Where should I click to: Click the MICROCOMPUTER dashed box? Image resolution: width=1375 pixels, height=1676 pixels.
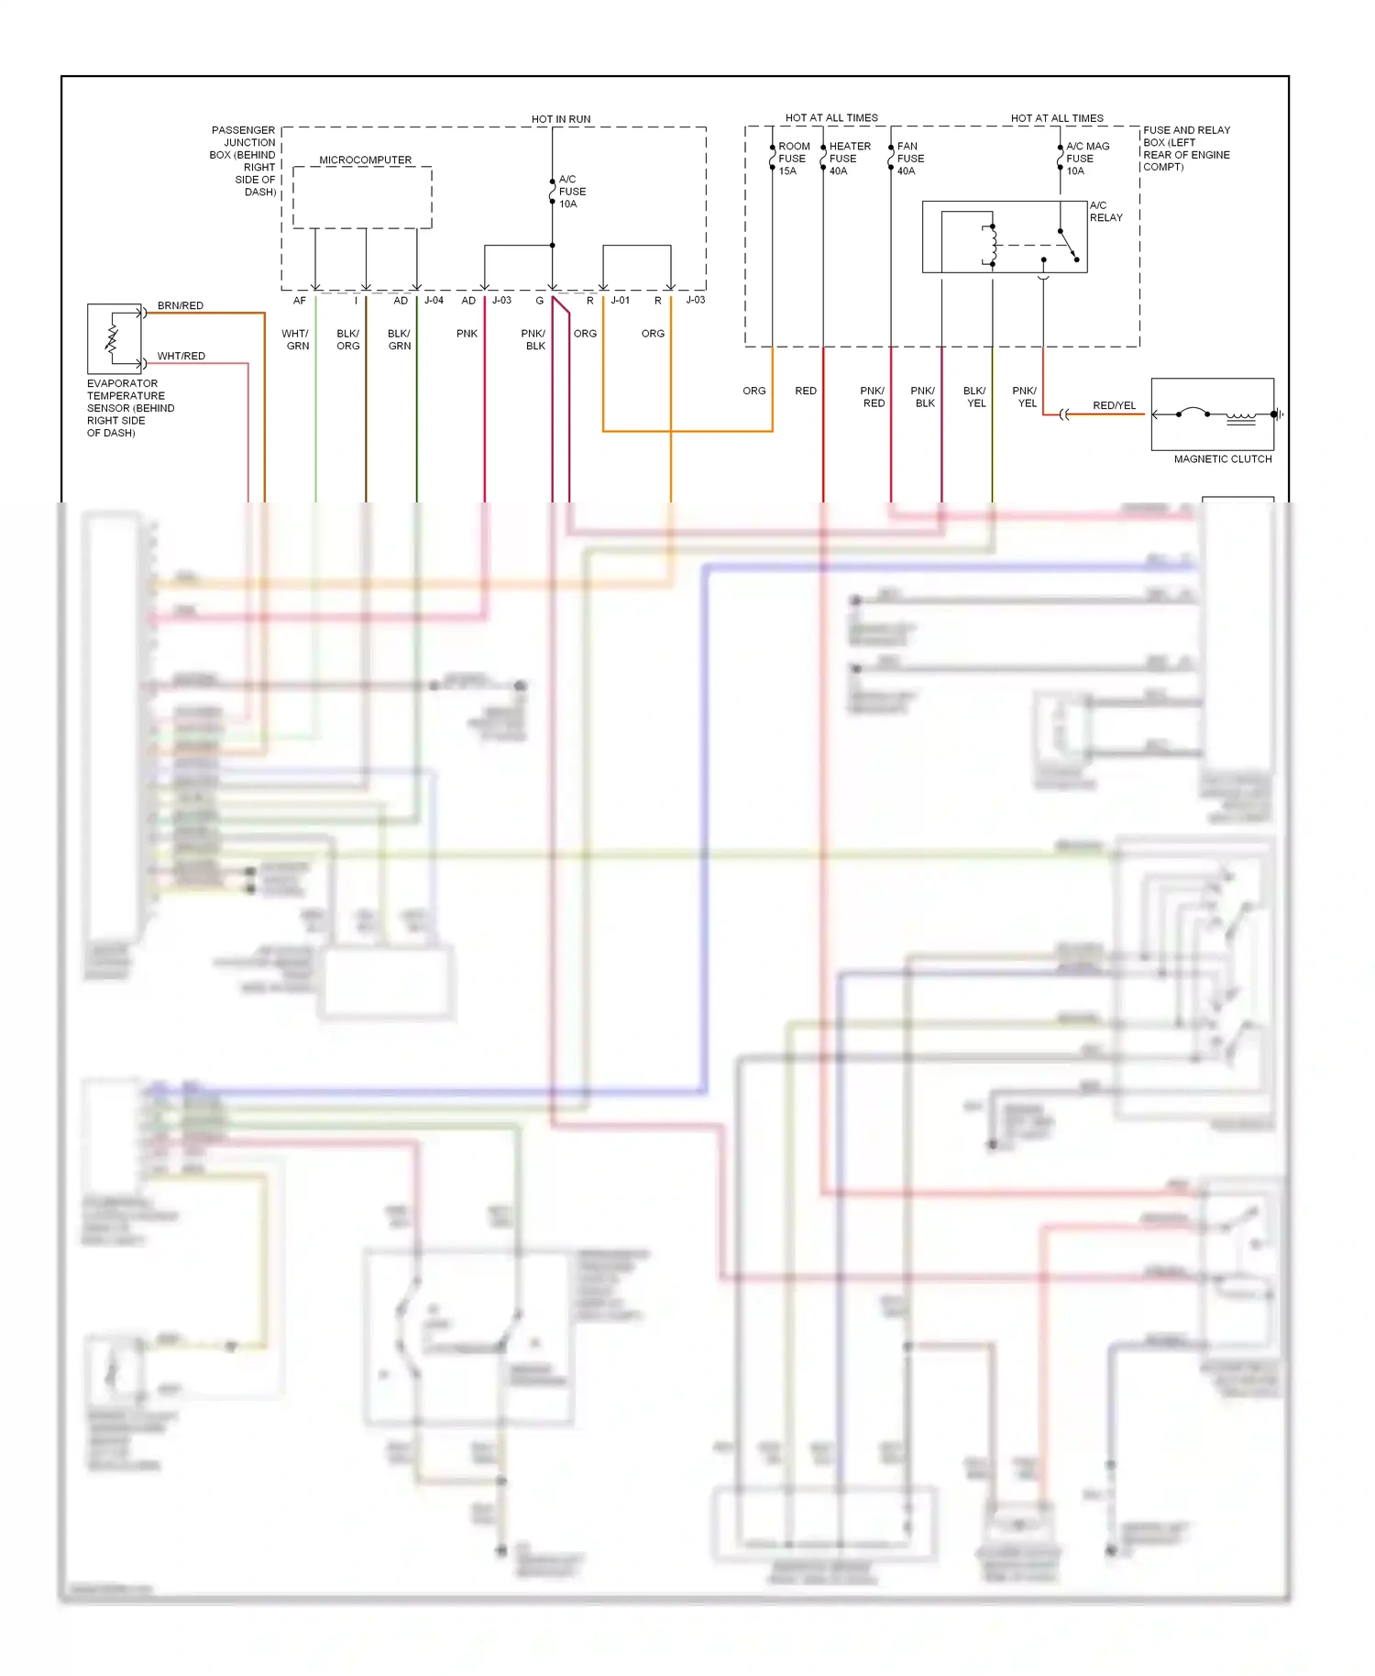click(x=362, y=197)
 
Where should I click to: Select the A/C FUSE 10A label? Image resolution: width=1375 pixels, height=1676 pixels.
click(x=572, y=192)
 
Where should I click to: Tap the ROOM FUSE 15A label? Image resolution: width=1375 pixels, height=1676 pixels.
click(x=794, y=159)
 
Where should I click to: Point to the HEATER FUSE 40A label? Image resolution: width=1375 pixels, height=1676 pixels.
click(x=849, y=159)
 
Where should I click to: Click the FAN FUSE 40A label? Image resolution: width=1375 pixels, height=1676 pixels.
click(x=910, y=159)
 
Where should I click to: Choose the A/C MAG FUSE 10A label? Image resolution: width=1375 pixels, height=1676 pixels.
click(x=1087, y=159)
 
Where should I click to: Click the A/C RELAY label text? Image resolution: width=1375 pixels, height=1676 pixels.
click(x=1105, y=212)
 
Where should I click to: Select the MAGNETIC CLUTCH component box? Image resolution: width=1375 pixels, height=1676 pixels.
click(x=1212, y=414)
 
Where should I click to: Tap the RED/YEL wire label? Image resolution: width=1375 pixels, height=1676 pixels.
click(x=1114, y=405)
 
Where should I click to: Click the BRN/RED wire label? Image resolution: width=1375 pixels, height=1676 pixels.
click(x=181, y=305)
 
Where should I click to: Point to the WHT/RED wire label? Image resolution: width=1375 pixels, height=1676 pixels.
click(x=181, y=356)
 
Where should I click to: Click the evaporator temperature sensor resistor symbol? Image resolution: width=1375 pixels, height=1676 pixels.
click(x=113, y=338)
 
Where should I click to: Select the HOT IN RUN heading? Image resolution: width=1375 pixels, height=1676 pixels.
click(x=561, y=119)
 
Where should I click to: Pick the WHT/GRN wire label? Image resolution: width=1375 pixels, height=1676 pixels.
click(x=297, y=340)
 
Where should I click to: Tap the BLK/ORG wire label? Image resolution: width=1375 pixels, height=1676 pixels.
click(x=348, y=340)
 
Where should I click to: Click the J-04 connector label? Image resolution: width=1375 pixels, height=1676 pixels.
click(x=434, y=301)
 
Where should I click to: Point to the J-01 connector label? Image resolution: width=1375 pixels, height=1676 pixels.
click(x=621, y=301)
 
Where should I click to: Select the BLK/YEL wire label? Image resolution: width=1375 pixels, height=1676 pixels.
click(x=975, y=397)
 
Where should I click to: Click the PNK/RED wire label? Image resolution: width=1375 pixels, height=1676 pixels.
click(x=873, y=397)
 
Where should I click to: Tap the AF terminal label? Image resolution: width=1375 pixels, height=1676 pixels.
click(x=300, y=301)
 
